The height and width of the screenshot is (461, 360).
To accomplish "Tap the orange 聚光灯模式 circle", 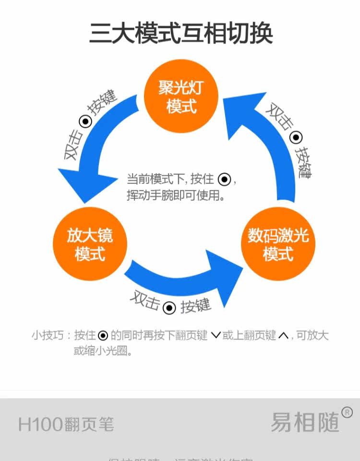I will pos(181,97).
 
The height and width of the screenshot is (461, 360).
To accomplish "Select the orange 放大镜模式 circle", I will pos(89,244).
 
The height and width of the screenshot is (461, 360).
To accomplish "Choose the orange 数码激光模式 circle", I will pos(278,244).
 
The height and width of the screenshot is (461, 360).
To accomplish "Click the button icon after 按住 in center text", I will pos(224,180).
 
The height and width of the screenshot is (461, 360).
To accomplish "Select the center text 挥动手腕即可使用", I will pos(176,195).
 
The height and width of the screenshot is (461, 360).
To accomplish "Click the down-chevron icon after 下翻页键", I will pos(216,336).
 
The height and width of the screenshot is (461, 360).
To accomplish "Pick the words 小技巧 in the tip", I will pos(45,336).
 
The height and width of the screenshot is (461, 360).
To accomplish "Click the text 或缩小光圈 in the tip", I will pos(103,351).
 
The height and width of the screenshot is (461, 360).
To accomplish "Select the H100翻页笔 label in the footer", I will pos(66,424).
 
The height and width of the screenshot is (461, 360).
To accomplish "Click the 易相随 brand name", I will pos(305,423).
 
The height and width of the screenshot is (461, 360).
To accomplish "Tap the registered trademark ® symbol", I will pos(347,412).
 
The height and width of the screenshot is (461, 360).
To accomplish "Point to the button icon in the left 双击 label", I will pos(86,121).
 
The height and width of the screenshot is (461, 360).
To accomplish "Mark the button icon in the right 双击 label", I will pos(296,138).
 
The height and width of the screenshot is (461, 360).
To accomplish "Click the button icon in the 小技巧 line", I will pos(103,336).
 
